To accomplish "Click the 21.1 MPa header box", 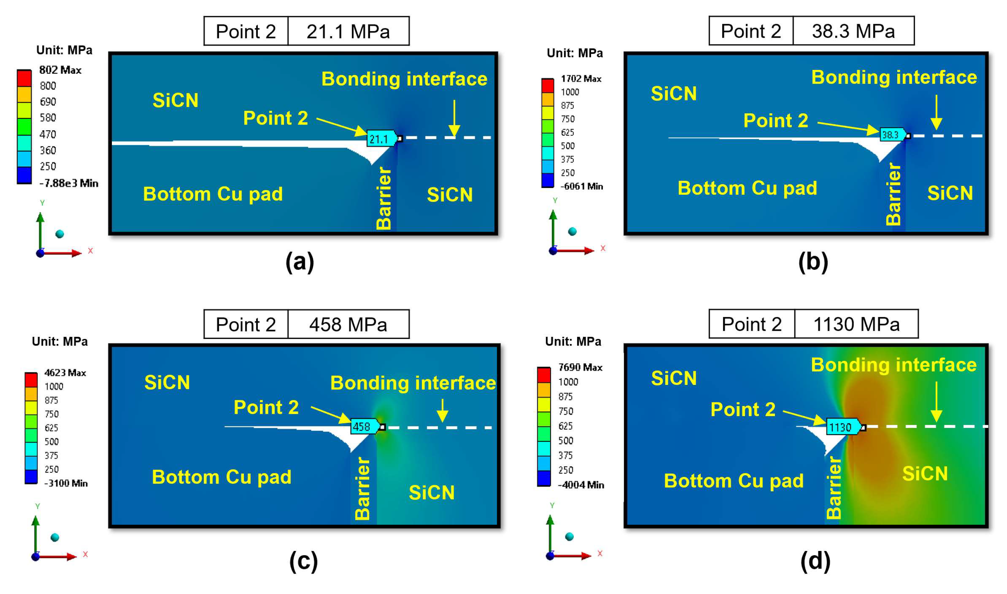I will click(x=348, y=31).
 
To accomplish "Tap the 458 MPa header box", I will click(x=348, y=324).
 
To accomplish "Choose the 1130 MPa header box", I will click(x=856, y=324).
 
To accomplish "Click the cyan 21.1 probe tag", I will click(x=380, y=139).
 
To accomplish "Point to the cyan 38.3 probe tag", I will click(x=892, y=135).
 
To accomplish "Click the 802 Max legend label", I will click(x=60, y=70).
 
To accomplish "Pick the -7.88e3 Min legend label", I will click(x=68, y=183).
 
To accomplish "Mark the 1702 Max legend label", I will click(x=581, y=79).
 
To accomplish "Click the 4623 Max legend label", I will click(x=65, y=373).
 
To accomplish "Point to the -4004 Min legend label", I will click(x=581, y=485).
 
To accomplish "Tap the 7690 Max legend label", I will click(x=580, y=367).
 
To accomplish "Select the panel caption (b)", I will click(x=813, y=262).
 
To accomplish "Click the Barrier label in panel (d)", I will click(x=834, y=488).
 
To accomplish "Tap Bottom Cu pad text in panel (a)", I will click(x=213, y=194).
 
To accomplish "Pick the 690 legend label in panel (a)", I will click(x=48, y=102).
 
